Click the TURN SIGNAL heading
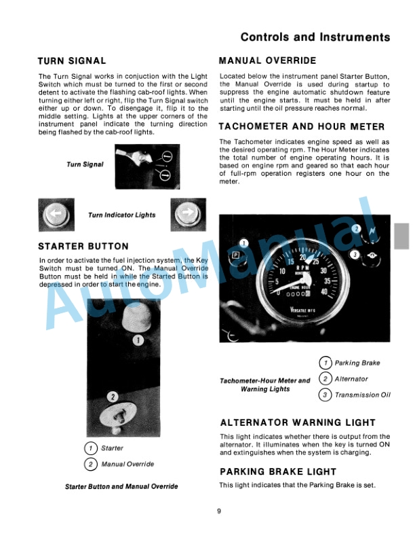[72, 61]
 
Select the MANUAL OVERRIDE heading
[267, 61]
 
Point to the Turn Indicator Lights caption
[121, 215]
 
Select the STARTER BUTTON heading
[83, 246]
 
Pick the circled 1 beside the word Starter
[90, 448]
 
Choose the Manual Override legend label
[127, 465]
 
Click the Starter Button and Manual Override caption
[121, 487]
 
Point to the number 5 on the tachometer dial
[277, 281]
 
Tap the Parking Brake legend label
[357, 363]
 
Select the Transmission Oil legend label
[362, 395]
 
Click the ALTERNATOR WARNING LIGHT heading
[297, 423]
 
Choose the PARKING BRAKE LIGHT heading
[278, 471]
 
